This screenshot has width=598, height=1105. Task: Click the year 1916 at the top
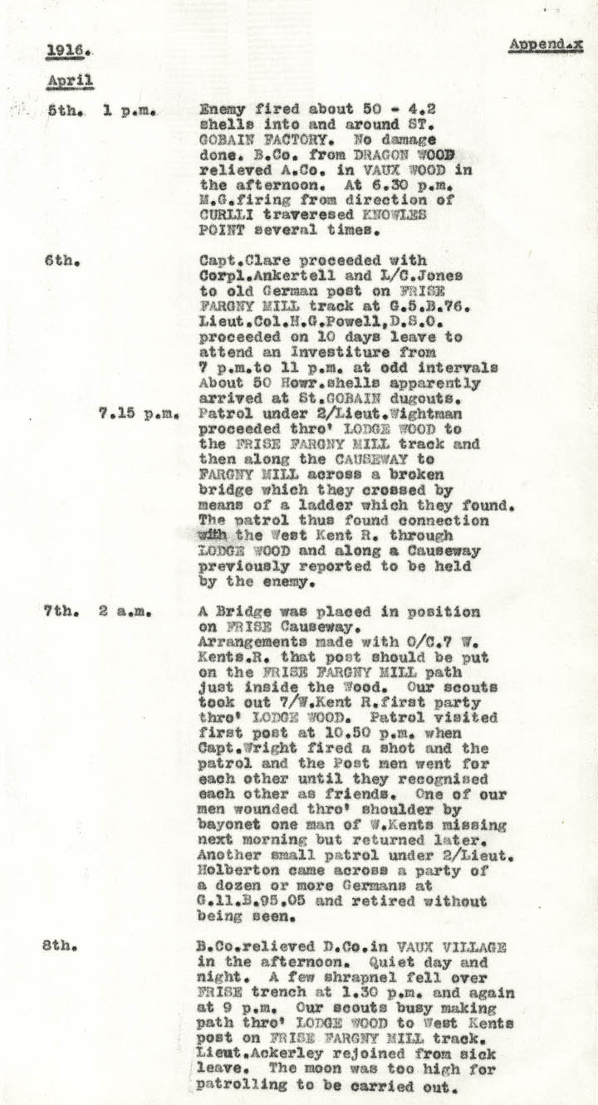tap(68, 51)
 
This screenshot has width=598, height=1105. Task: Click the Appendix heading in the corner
tap(544, 46)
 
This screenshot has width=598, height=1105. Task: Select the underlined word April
tap(70, 81)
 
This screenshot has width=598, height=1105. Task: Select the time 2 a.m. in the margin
tap(126, 612)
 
